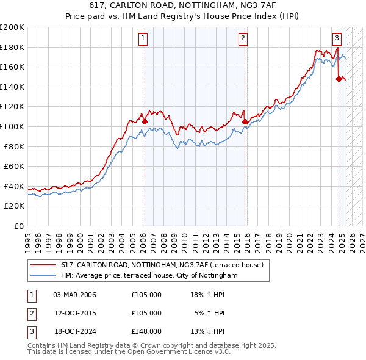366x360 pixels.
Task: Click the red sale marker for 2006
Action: (145, 121)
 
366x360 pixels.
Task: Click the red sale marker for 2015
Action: (245, 121)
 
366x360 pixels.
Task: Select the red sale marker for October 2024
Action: (339, 79)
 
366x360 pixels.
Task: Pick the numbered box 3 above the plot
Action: (337, 37)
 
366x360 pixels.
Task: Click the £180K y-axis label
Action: (12, 47)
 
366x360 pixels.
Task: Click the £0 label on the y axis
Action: (19, 226)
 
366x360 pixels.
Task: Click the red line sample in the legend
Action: (43, 265)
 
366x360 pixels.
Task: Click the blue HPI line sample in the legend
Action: (43, 275)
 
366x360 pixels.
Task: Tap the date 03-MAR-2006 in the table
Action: (74, 295)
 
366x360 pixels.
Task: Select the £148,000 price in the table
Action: (146, 331)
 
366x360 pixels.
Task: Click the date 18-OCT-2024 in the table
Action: (74, 331)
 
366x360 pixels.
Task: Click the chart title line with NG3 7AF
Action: (183, 8)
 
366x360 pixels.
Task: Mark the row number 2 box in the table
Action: (31, 313)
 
